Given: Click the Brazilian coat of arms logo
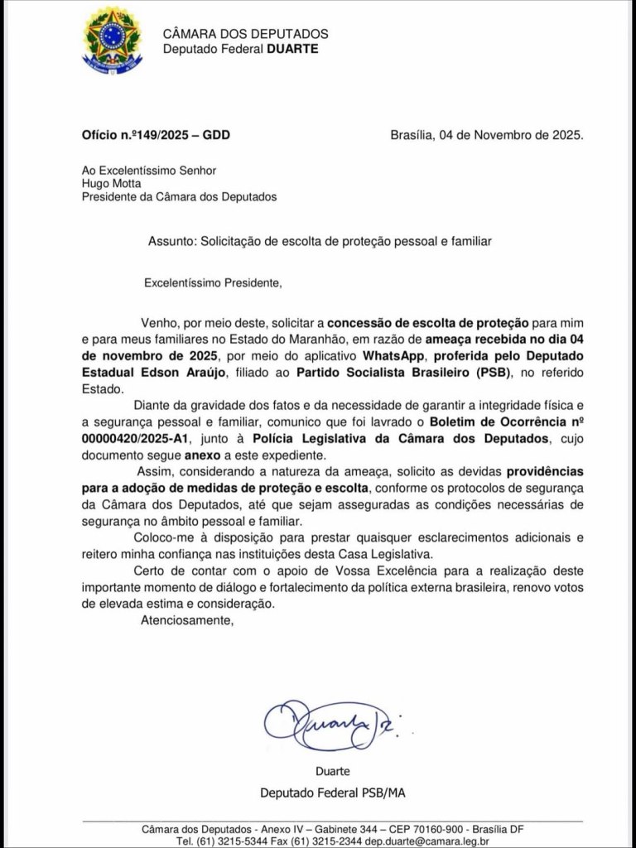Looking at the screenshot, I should (x=112, y=39).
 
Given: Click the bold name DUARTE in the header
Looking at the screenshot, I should (x=291, y=49).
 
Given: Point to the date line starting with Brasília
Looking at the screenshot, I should (x=486, y=134).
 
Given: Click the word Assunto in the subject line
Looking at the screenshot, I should (x=171, y=241).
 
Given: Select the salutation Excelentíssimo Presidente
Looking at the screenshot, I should (x=212, y=282).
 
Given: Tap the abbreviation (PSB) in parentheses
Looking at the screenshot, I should (x=492, y=373).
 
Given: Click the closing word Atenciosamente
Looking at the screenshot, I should (x=187, y=620).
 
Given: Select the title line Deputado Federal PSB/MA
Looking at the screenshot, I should (x=332, y=793).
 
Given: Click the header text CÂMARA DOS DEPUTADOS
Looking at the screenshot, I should (x=245, y=34).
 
